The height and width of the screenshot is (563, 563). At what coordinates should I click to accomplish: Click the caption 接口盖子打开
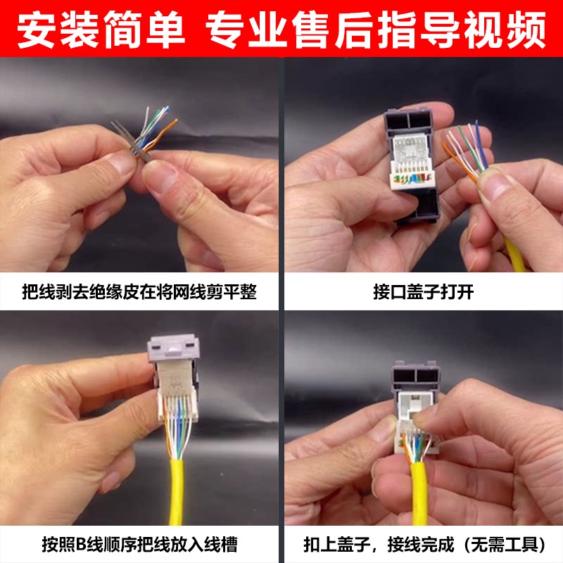[x=424, y=291]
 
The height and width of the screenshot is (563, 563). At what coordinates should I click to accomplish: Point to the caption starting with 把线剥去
[x=139, y=291]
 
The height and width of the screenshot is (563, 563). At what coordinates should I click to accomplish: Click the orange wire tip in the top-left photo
[x=175, y=121]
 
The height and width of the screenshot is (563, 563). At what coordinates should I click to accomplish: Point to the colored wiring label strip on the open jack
[x=412, y=179]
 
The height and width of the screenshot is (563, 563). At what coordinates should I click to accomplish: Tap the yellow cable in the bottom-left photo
[x=177, y=491]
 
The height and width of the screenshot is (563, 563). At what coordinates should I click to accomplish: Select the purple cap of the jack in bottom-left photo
[x=174, y=348]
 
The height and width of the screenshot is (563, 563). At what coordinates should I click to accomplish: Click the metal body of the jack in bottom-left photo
[x=175, y=377]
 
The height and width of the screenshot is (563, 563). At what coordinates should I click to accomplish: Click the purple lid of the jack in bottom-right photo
[x=417, y=377]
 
